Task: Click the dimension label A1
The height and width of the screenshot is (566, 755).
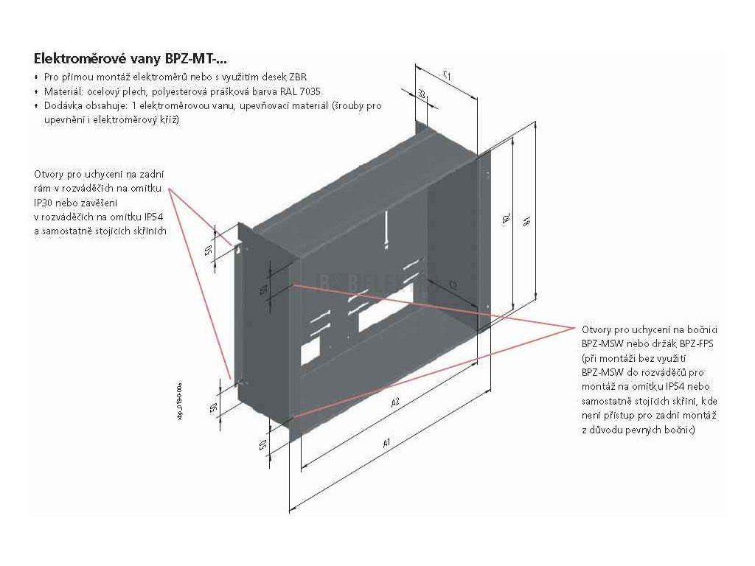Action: coord(386,444)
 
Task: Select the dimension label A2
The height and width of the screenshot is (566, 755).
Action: coord(395,402)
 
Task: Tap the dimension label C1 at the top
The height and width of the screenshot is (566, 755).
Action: coord(448,74)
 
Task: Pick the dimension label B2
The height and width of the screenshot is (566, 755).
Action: coord(506,220)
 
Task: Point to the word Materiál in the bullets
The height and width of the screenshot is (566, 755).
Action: coord(58,91)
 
